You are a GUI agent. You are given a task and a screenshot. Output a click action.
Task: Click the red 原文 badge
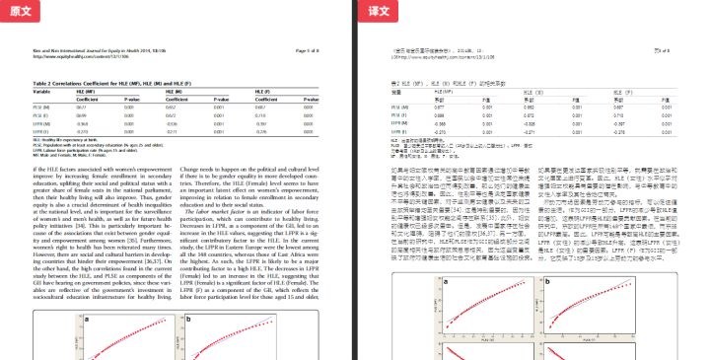click(x=21, y=9)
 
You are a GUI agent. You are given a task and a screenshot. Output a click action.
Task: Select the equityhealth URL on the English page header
click(x=80, y=55)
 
